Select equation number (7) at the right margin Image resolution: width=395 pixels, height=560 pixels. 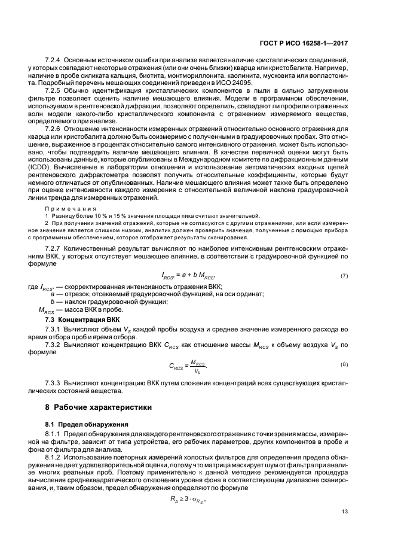(x=344, y=275)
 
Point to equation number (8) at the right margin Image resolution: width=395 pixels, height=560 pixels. (x=344, y=364)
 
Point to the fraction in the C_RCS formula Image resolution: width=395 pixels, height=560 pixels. (x=205, y=364)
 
